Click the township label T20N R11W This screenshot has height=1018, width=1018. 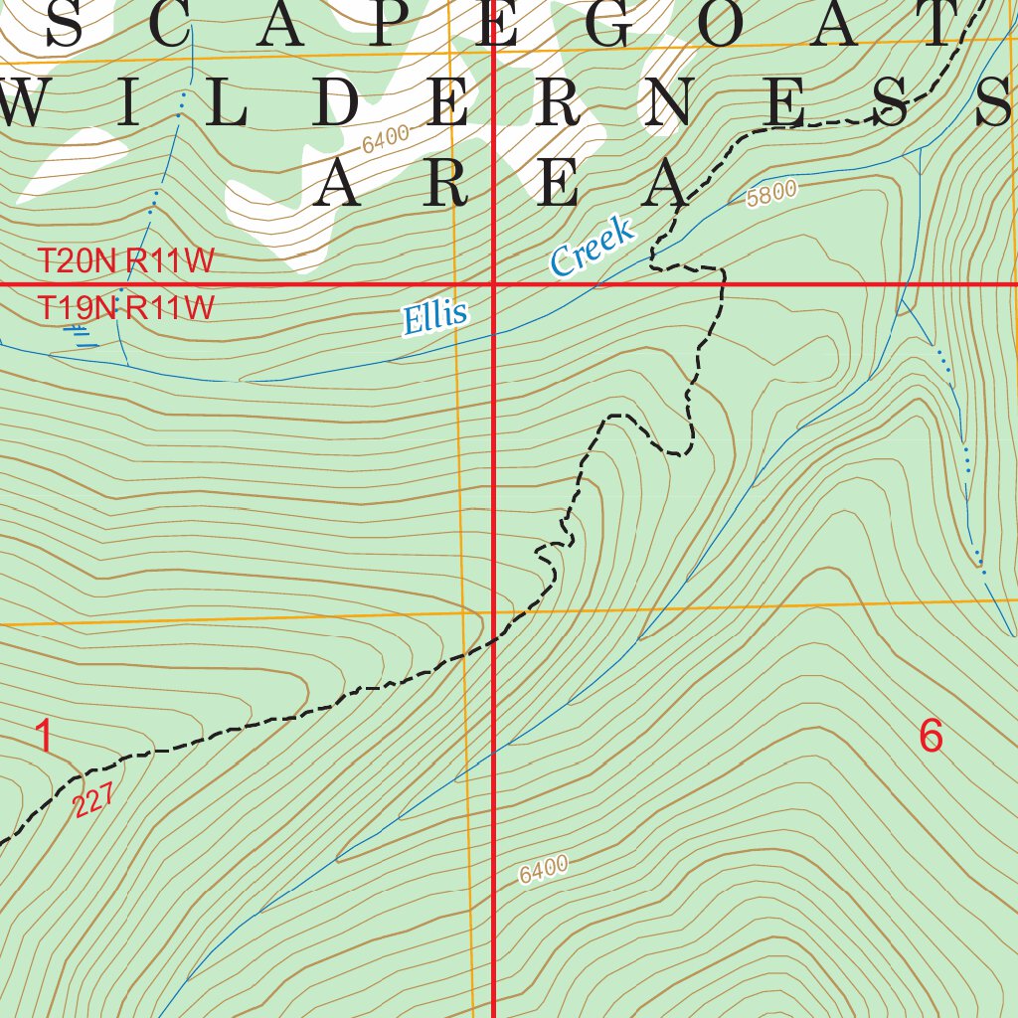(126, 261)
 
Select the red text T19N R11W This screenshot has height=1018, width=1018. (126, 307)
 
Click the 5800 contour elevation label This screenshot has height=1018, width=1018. (771, 193)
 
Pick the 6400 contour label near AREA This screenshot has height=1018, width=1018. (386, 139)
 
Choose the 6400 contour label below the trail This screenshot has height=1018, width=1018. (543, 870)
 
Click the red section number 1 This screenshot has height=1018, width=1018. (44, 737)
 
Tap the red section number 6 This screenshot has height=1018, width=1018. (931, 737)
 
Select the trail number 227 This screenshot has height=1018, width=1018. (94, 800)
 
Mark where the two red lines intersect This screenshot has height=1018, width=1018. (495, 285)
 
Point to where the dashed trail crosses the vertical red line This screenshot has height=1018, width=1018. (495, 641)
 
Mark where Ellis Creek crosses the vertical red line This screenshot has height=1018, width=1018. (495, 334)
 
